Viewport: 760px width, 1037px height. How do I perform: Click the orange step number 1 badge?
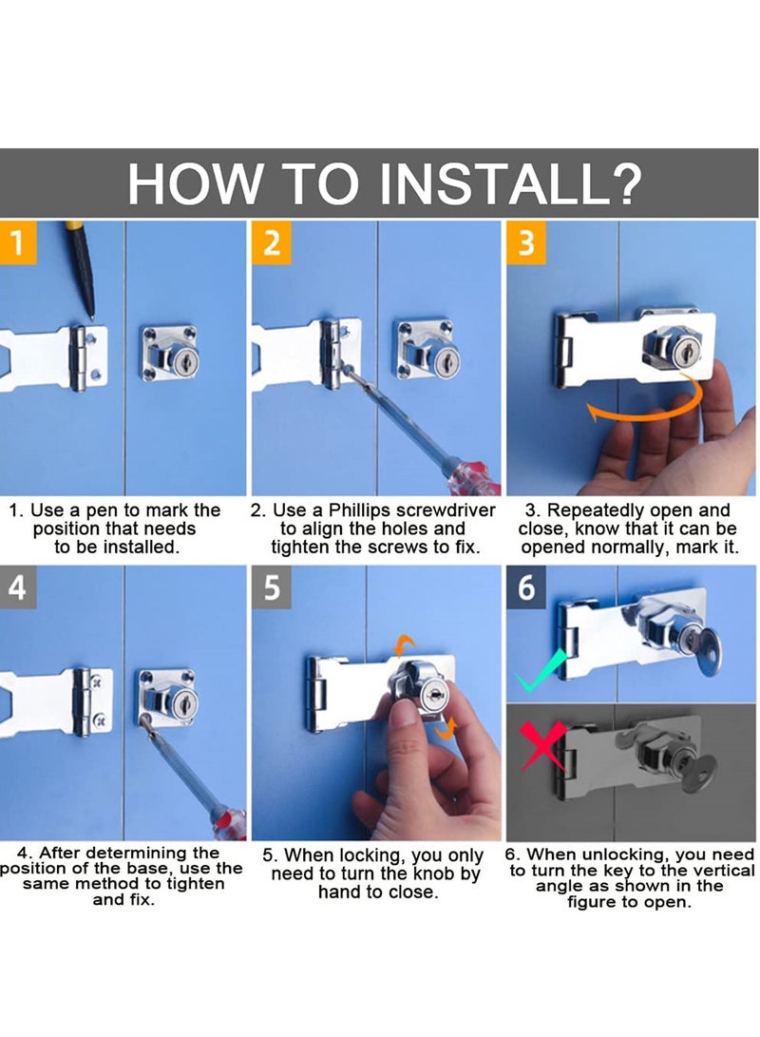click(x=18, y=242)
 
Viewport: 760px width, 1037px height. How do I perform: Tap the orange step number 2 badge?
click(x=272, y=242)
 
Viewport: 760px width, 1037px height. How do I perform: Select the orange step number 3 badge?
click(x=526, y=242)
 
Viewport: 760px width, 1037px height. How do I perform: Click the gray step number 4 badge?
click(x=18, y=587)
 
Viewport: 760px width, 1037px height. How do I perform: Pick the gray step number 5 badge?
click(x=272, y=587)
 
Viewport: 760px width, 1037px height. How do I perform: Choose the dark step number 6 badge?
click(x=526, y=587)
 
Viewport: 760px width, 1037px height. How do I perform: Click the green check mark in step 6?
click(x=541, y=671)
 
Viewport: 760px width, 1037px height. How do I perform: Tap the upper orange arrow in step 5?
click(x=405, y=644)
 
